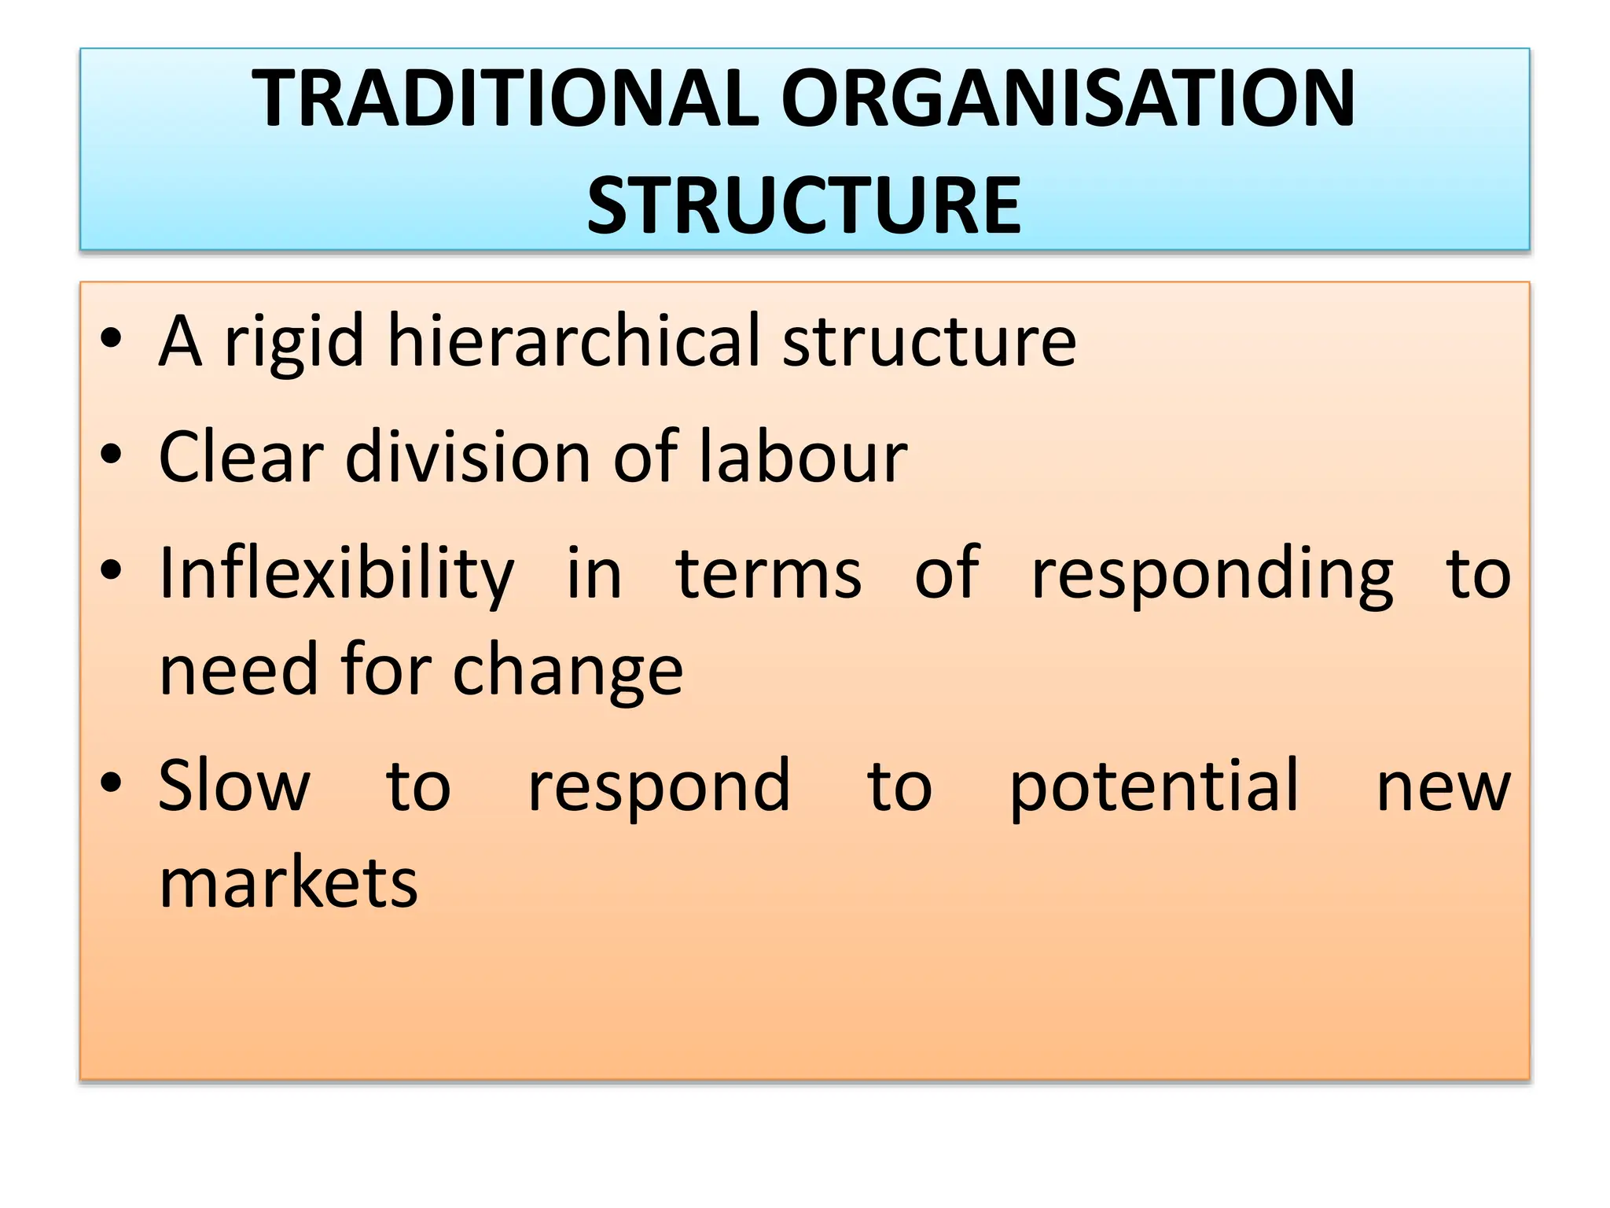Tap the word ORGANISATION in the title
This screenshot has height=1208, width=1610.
click(x=1068, y=98)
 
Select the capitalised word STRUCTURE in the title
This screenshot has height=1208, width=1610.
click(x=803, y=205)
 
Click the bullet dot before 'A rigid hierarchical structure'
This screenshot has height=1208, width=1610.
click(x=112, y=339)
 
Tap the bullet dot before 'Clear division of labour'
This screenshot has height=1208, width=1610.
click(x=112, y=455)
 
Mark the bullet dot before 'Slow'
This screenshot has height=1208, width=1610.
click(x=112, y=783)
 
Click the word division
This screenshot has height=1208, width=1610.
click(x=468, y=457)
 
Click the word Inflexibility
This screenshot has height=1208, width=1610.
click(x=336, y=575)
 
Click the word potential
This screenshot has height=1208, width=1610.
click(x=1154, y=786)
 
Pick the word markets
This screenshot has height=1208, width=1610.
click(x=289, y=883)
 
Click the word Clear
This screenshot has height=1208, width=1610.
click(x=241, y=457)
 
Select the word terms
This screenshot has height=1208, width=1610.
click(x=768, y=575)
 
